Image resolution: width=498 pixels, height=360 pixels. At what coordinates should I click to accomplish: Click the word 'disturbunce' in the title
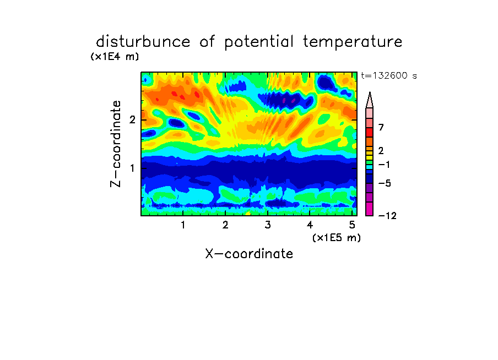pyautogui.click(x=143, y=42)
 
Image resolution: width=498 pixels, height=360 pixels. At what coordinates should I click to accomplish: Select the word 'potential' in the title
pyautogui.click(x=258, y=42)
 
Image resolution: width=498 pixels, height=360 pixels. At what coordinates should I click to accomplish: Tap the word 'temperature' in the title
pyautogui.click(x=353, y=42)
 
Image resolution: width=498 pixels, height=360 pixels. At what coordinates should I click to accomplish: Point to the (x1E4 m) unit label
pyautogui.click(x=115, y=57)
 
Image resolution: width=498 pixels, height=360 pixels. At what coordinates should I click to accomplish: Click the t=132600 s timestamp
pyautogui.click(x=389, y=75)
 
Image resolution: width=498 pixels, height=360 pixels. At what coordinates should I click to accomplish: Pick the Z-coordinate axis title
pyautogui.click(x=115, y=144)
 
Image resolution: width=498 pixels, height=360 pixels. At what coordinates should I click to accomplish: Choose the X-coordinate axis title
pyautogui.click(x=249, y=254)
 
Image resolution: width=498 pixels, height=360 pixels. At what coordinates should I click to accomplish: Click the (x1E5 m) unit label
pyautogui.click(x=337, y=238)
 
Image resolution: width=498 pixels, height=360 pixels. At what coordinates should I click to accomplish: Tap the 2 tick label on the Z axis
pyautogui.click(x=132, y=119)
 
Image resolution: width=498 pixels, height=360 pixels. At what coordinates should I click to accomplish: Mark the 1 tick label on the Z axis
pyautogui.click(x=132, y=168)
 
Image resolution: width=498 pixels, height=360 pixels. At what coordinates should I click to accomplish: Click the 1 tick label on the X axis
pyautogui.click(x=183, y=225)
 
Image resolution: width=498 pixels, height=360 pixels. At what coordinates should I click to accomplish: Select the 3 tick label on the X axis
pyautogui.click(x=267, y=225)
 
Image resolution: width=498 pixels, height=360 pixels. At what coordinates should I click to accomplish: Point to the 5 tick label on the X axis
pyautogui.click(x=352, y=225)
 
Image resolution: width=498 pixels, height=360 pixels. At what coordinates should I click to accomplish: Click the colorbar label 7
pyautogui.click(x=381, y=128)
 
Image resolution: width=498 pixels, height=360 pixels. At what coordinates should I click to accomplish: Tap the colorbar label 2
pyautogui.click(x=381, y=151)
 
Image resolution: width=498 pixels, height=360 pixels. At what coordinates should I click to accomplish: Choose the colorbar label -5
pyautogui.click(x=385, y=183)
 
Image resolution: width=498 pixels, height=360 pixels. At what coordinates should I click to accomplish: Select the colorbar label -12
pyautogui.click(x=387, y=216)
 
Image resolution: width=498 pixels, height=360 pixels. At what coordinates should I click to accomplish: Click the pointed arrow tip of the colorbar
pyautogui.click(x=370, y=92)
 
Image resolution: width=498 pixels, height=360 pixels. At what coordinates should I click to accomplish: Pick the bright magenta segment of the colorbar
pyautogui.click(x=370, y=209)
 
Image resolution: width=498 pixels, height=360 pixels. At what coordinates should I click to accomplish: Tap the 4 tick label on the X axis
pyautogui.click(x=310, y=225)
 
